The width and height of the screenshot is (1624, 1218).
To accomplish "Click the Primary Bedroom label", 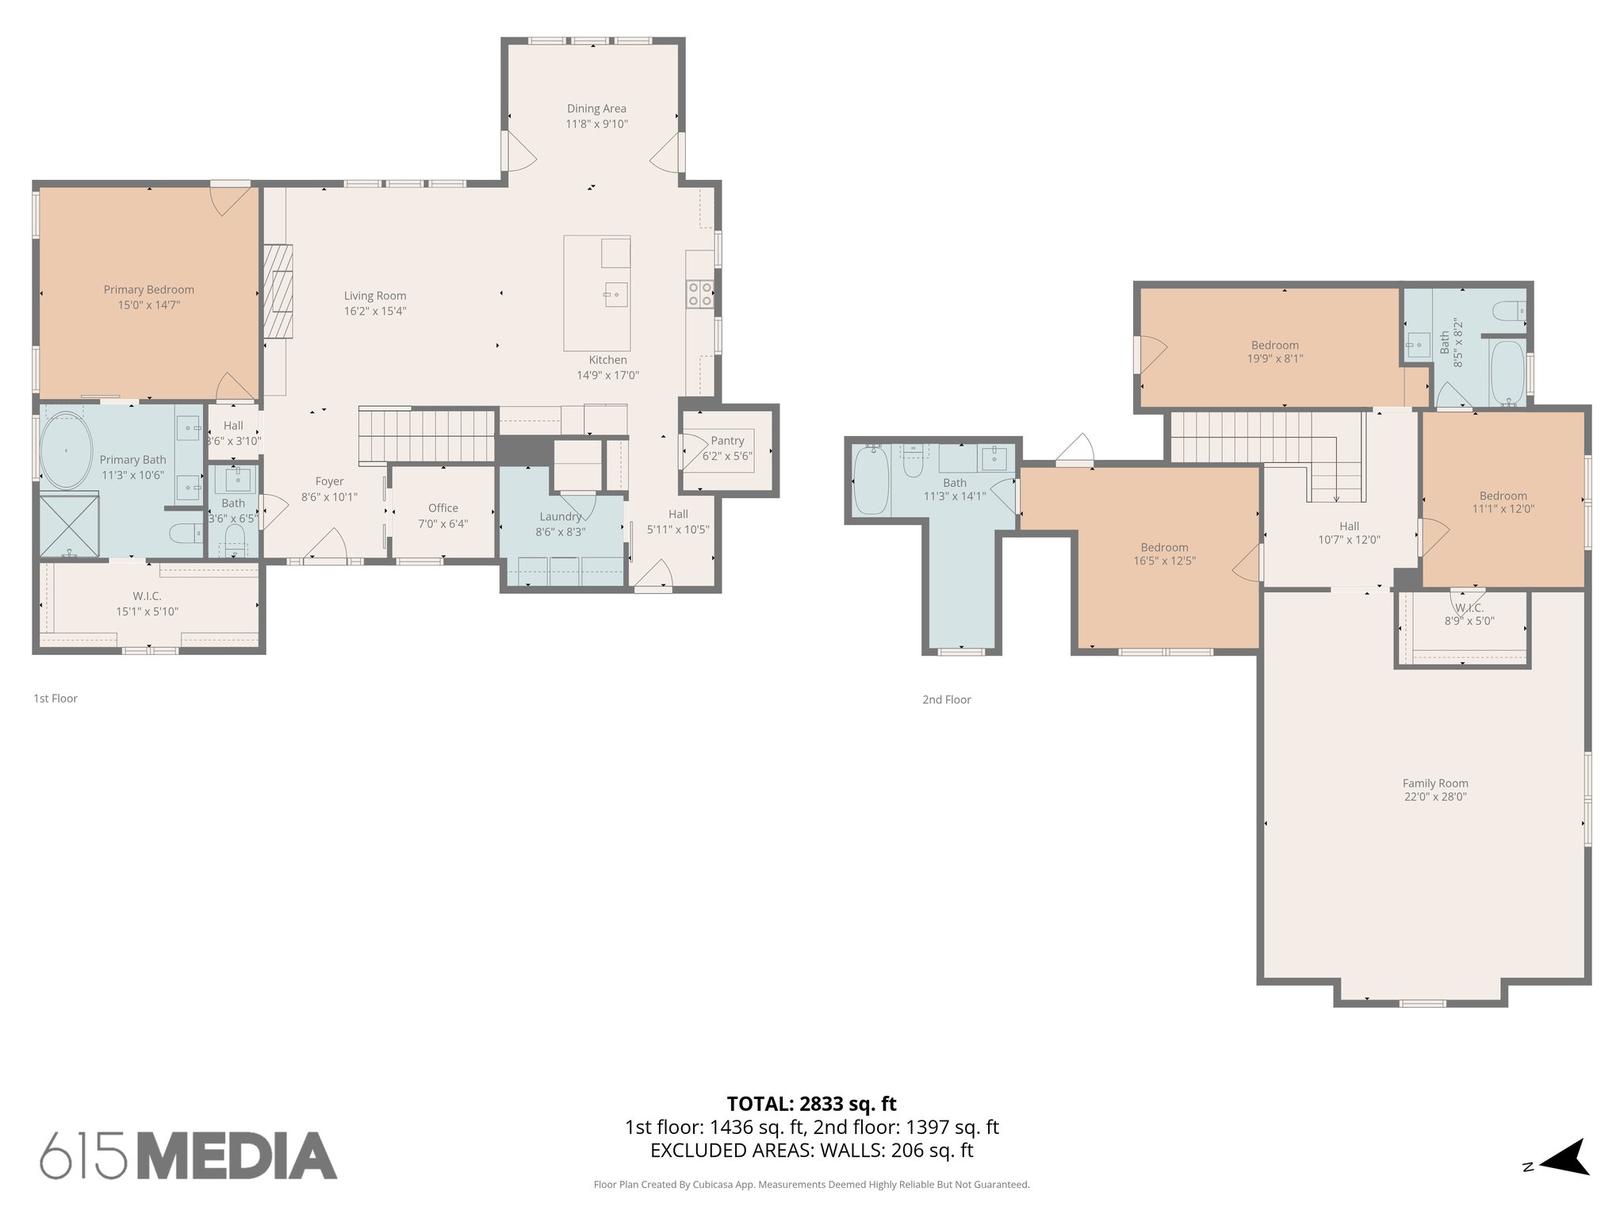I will coord(149,290).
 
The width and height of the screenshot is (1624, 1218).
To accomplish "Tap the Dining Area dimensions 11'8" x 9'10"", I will coord(596,124).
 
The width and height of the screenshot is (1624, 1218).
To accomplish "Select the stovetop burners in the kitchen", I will coord(699,294).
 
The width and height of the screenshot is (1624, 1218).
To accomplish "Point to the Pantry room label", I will coord(727,441).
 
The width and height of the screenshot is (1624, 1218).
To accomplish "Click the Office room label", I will coord(443,508).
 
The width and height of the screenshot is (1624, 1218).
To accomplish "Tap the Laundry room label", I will coord(560,517).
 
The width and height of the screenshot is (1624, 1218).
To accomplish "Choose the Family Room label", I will coord(1435,783).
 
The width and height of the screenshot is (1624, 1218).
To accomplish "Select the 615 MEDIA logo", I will coord(189,1155).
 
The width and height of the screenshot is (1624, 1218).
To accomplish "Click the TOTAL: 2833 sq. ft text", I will coord(811,1104).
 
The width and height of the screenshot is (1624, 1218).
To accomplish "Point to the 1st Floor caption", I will coord(56,699).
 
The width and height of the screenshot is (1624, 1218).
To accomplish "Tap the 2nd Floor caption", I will coord(946,699).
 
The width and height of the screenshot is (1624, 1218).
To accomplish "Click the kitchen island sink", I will coord(615,294).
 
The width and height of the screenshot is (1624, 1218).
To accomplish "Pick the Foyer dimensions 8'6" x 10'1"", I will coord(329,497).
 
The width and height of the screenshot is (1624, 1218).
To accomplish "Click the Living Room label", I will coord(375,297).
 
